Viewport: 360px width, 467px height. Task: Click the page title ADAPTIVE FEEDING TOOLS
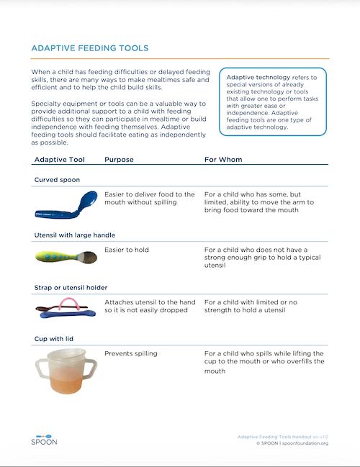click(x=90, y=48)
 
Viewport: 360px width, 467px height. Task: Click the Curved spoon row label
click(x=57, y=179)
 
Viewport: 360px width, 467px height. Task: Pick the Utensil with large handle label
click(x=74, y=235)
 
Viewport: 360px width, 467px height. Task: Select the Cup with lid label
click(x=54, y=338)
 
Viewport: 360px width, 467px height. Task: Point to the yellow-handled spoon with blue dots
click(x=61, y=256)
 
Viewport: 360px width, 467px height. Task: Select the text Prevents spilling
click(x=130, y=353)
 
